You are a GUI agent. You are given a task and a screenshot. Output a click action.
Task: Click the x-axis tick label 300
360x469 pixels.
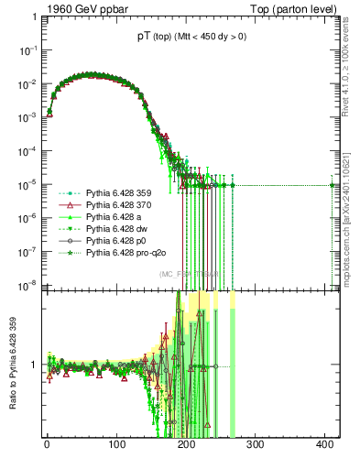(x=256, y=444)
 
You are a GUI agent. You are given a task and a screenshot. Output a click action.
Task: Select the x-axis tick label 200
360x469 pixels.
(x=186, y=444)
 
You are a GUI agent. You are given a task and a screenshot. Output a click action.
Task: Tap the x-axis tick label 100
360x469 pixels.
(x=116, y=444)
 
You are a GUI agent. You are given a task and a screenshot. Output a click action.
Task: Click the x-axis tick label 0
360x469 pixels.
(x=47, y=444)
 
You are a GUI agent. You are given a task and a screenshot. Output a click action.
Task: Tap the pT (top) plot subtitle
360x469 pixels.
(x=185, y=38)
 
